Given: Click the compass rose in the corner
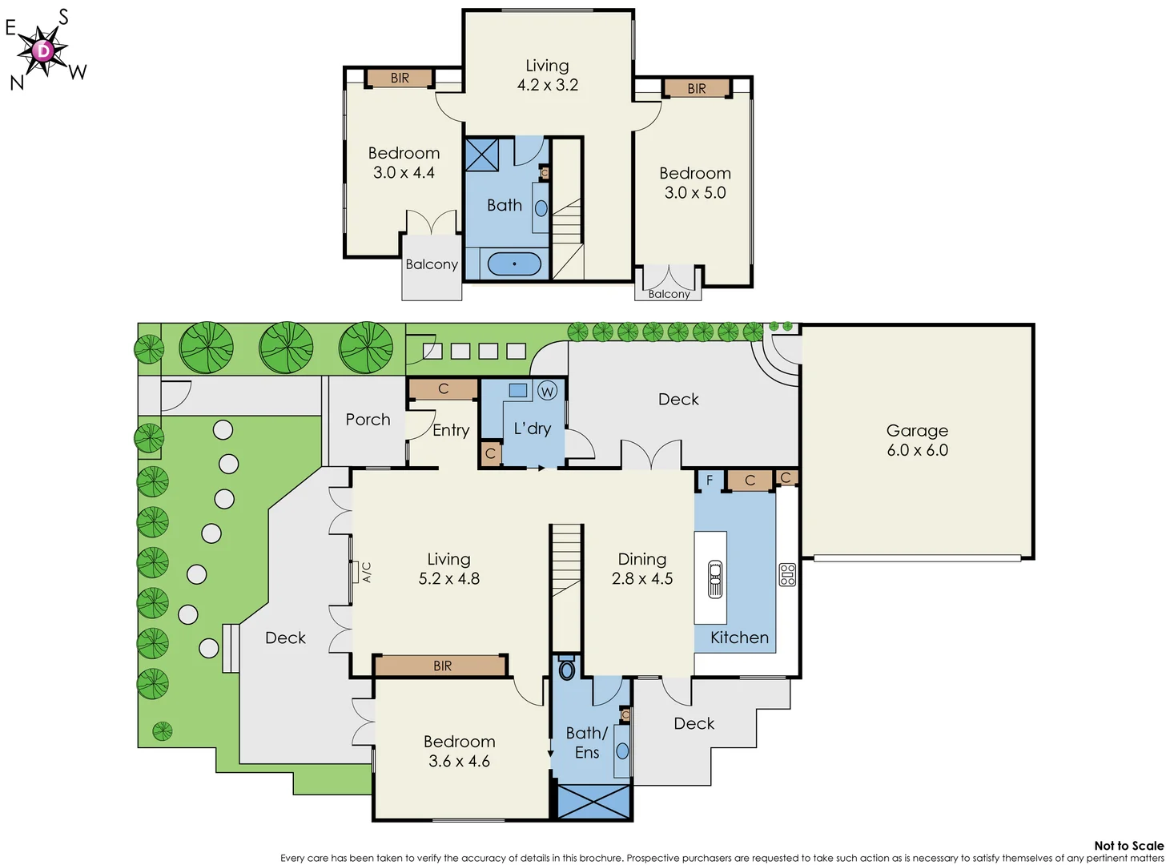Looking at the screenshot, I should pos(43,51).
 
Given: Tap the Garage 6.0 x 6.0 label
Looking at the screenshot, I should pos(917,441).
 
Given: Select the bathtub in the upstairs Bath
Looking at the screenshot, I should pos(514,264).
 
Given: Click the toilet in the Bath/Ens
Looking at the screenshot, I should pos(567,669).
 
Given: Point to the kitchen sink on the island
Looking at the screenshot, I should pos(715,578).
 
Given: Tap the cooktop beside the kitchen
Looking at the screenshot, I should pos(787,575).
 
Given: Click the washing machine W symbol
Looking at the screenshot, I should pos(547,391).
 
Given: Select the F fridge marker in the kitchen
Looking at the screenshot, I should pos(710,481).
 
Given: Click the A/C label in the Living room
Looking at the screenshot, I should pos(367,572).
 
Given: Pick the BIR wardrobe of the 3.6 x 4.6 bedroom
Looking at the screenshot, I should pos(441,666).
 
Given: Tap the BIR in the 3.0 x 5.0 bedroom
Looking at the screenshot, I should pos(696,88).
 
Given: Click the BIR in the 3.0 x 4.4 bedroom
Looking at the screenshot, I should pos(400,78).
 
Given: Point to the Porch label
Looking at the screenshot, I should pos(368,420).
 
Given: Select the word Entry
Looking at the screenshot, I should pos(451,430).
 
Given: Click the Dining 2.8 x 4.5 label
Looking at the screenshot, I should pos(642,569).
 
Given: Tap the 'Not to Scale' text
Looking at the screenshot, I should pos(1128,846).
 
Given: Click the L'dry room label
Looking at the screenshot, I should pos(533,428).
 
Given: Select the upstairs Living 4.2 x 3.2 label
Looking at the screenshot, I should pos(548,75).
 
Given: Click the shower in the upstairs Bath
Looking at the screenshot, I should pos(482,155).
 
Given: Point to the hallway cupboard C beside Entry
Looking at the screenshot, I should pos(443,389).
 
